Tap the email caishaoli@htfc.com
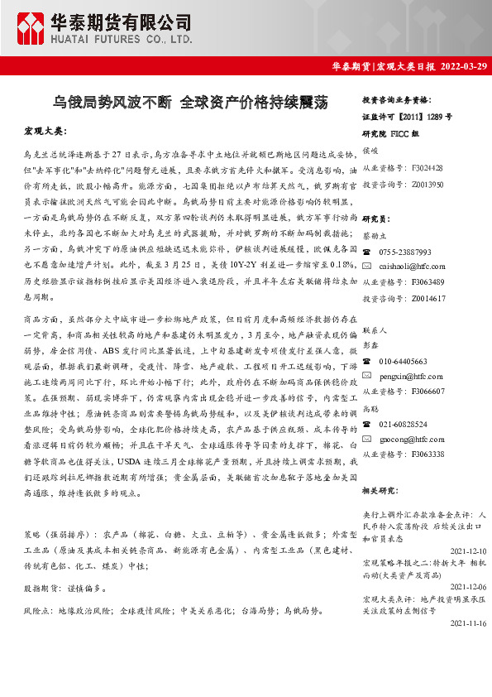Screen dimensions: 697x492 pos(413,266)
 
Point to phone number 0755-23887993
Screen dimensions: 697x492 pos(406,252)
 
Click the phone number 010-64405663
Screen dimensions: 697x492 pos(404,362)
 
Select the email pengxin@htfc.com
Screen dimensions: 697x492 pos(411,376)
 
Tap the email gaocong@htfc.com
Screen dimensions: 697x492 pos(412,439)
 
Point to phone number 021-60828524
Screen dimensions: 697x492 pos(404,424)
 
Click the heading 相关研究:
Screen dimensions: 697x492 pos(381,492)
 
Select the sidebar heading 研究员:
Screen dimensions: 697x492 pos(377,219)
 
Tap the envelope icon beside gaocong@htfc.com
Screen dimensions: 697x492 pos(367,439)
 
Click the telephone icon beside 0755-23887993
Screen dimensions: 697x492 pos(367,252)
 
